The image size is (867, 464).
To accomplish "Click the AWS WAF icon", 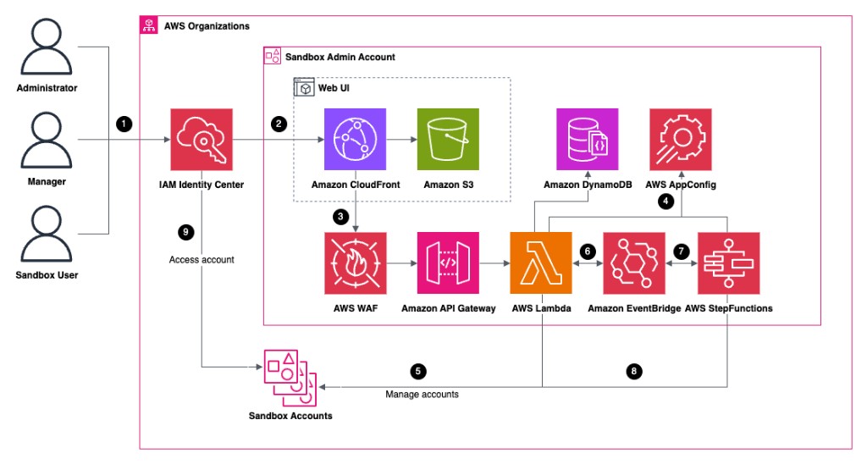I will [356, 262].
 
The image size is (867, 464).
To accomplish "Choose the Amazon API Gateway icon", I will [448, 262].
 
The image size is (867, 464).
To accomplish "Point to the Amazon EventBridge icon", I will [633, 262].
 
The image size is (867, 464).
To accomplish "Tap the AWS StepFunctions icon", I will [727, 262].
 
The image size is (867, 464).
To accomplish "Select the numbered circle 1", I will [125, 124].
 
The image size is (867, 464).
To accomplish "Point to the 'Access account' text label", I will [202, 260].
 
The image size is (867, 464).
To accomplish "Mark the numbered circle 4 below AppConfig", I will [667, 202].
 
